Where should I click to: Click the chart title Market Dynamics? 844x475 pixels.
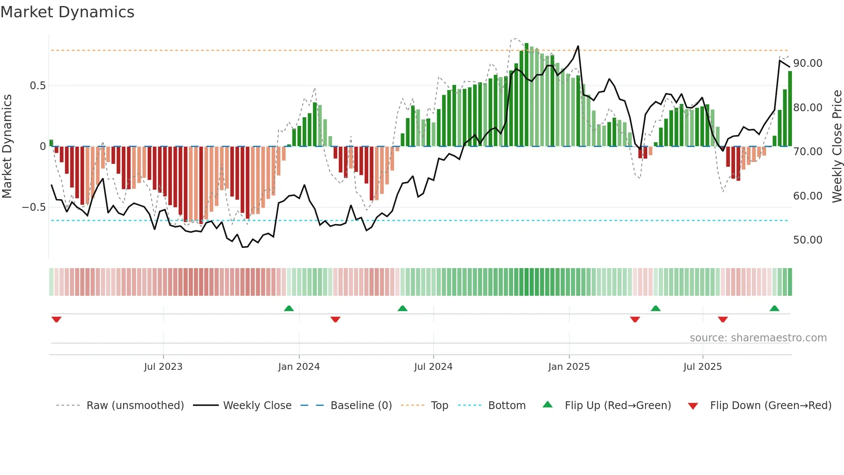point(67,12)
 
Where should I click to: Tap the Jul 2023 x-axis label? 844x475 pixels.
point(163,367)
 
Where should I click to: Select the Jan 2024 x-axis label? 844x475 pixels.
point(299,367)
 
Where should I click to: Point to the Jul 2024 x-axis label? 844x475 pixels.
point(433,367)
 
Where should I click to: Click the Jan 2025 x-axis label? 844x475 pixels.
point(569,367)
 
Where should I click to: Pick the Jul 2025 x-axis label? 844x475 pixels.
point(702,367)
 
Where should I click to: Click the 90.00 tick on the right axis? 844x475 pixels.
point(807,63)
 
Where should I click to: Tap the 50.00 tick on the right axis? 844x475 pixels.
point(807,240)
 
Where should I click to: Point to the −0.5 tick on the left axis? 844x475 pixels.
point(34,207)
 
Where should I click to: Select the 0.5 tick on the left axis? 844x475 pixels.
point(37,86)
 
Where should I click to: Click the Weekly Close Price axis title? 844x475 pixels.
point(837,147)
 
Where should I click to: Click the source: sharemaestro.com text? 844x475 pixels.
point(758,338)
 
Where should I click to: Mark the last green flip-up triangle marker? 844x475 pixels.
point(774,308)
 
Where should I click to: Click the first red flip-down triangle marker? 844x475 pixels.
point(56,319)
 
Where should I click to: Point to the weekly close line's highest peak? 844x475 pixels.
point(578,46)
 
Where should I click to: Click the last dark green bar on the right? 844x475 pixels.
point(790,109)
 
